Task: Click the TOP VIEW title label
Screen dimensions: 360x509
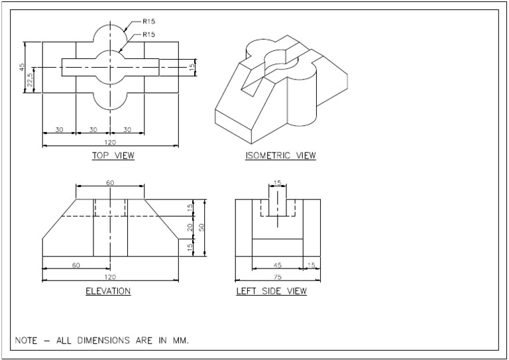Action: (x=113, y=156)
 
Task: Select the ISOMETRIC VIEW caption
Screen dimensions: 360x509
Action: (x=280, y=156)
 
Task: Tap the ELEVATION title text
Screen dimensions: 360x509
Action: (x=108, y=291)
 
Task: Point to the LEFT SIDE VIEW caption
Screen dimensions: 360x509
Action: (x=271, y=291)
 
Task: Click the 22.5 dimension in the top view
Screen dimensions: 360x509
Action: (x=30, y=80)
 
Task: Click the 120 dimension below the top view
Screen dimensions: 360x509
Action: (x=109, y=141)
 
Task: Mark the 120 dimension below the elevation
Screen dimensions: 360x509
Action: (x=109, y=276)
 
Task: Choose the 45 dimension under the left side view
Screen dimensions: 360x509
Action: (x=277, y=265)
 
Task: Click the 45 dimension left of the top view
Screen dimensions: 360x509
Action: (x=21, y=68)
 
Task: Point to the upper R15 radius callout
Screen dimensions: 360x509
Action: (x=148, y=21)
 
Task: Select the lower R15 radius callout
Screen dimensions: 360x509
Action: (x=148, y=34)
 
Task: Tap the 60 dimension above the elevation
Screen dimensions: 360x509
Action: (x=109, y=182)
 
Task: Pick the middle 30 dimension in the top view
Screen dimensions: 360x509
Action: (x=93, y=129)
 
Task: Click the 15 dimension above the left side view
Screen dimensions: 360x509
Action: (x=277, y=182)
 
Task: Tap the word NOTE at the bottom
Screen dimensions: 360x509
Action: (x=26, y=340)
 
